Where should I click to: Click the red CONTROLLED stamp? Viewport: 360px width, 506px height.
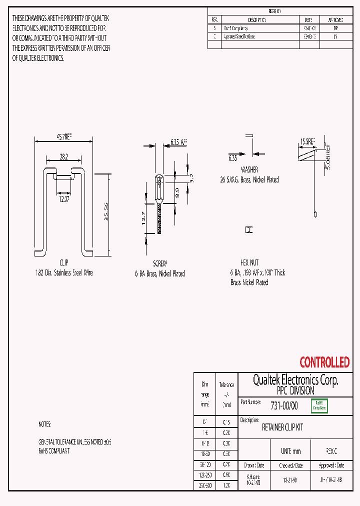324,362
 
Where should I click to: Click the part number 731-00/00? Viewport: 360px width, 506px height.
283,406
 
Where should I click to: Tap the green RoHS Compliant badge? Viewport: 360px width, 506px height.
319,405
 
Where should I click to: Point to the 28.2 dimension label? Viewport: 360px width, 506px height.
63,156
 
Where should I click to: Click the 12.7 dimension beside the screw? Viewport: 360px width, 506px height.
143,218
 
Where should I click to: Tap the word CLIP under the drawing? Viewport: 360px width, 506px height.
63,263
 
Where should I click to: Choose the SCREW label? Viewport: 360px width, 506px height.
159,263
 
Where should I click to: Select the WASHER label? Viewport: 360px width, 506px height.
249,169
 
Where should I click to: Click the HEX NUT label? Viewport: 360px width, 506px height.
249,262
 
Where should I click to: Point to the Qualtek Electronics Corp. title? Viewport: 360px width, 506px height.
295,380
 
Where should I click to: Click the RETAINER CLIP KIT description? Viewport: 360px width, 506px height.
282,428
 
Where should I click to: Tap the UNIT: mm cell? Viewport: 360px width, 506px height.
290,451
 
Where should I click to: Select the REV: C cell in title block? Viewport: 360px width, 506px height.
331,451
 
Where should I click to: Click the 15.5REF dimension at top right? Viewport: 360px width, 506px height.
307,142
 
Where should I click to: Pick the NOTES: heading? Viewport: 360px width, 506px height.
45,424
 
